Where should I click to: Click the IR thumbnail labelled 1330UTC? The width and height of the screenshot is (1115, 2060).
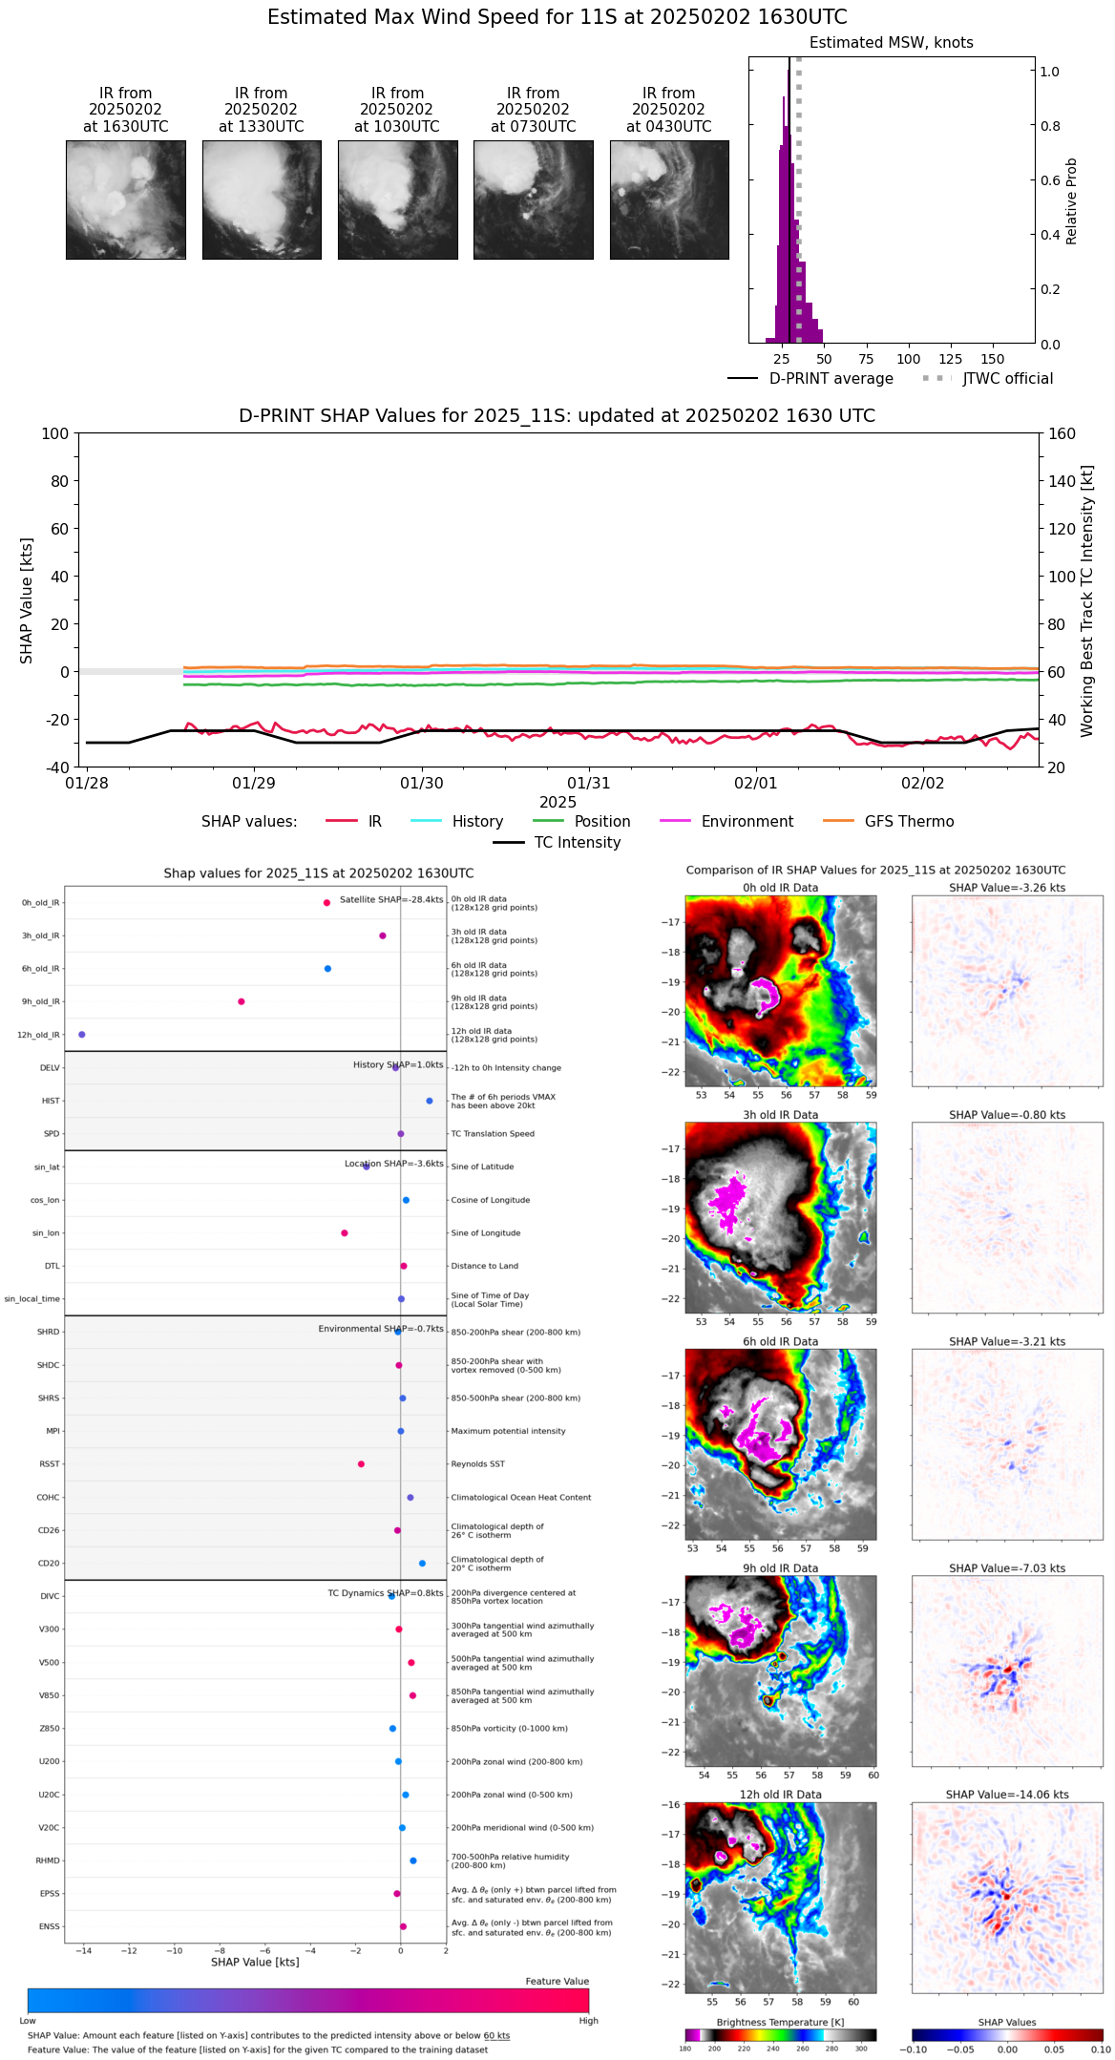click(x=262, y=200)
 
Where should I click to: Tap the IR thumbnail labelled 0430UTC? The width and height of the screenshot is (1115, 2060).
click(x=669, y=200)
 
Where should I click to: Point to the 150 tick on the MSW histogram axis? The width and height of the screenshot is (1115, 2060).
click(x=993, y=359)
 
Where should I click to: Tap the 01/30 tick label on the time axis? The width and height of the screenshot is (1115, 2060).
click(x=421, y=784)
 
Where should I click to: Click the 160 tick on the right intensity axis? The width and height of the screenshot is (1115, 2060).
click(x=1062, y=433)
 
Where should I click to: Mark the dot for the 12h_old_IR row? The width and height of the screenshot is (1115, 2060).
click(x=82, y=1035)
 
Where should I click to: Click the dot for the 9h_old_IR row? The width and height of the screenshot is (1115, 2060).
click(x=242, y=1001)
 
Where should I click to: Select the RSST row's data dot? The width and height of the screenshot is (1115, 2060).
click(x=361, y=1464)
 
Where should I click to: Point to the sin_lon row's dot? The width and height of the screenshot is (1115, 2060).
click(x=345, y=1233)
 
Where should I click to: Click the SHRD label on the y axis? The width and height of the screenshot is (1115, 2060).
click(x=48, y=1332)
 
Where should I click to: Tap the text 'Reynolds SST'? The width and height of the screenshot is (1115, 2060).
click(x=477, y=1464)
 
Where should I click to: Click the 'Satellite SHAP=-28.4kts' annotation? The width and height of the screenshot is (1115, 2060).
click(x=391, y=900)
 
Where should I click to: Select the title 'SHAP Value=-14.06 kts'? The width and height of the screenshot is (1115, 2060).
click(x=1007, y=1795)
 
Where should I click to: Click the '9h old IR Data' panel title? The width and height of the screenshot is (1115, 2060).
click(x=780, y=1568)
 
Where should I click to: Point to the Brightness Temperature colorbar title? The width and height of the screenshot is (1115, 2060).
click(x=780, y=2022)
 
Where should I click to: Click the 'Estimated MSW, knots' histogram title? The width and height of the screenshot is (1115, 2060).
click(x=891, y=43)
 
